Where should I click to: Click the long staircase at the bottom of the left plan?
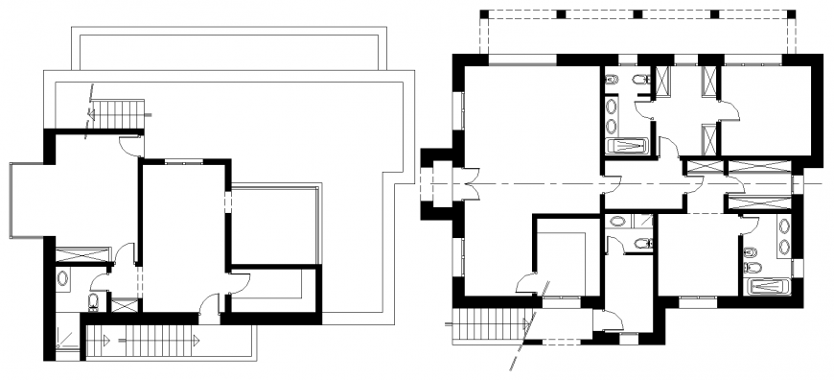pos(153,341)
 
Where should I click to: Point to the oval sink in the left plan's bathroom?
pos(63,279)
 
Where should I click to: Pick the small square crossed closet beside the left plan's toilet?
pos(125,304)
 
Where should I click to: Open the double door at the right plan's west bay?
pos(469,183)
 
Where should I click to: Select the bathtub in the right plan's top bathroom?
pos(628,147)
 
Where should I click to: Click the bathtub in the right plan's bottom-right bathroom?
pos(768,286)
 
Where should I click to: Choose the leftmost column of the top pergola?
pos(485,14)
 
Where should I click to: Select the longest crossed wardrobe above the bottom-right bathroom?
pos(760,202)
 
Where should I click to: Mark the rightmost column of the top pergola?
pos(791,14)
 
